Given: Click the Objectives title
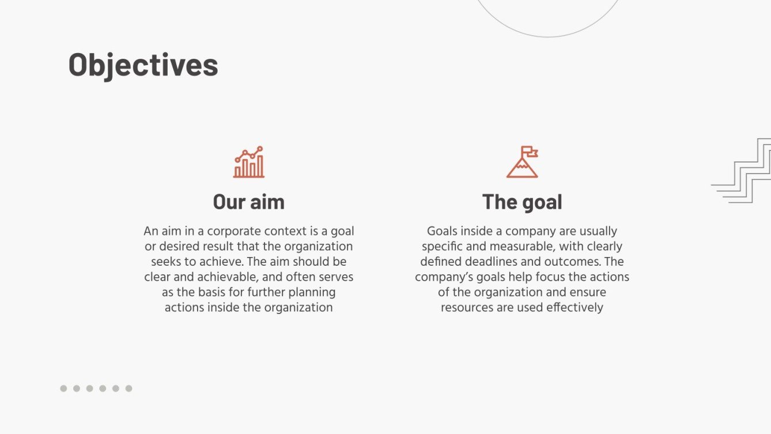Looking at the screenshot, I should click(x=143, y=65).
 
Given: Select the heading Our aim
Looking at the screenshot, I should click(x=248, y=202).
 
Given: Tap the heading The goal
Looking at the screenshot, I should click(x=521, y=202).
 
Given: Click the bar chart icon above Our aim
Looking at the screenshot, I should click(x=249, y=163).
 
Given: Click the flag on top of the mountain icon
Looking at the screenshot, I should click(x=530, y=152).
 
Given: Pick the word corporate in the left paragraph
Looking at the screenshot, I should click(x=233, y=231).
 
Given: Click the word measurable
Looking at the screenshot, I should click(x=524, y=247).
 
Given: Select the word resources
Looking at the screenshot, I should click(x=467, y=307).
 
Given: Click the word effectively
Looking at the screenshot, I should click(x=575, y=307).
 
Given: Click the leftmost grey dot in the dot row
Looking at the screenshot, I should click(x=63, y=388).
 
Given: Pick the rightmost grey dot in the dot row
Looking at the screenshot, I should click(x=128, y=388).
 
